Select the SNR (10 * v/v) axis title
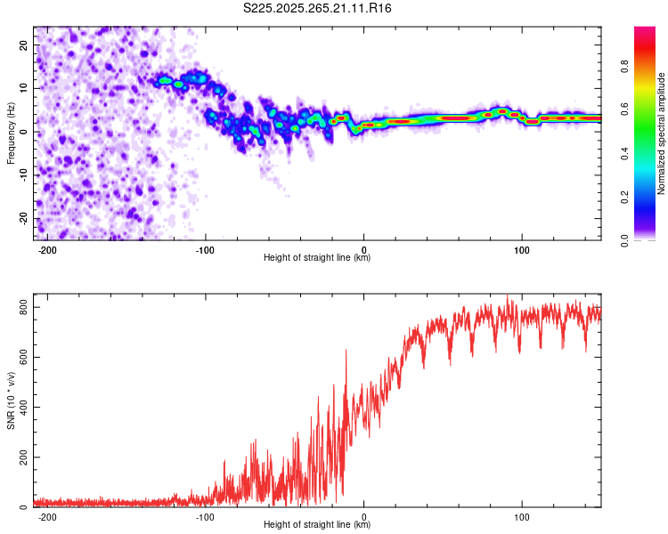(10, 400)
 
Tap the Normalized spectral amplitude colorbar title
(662, 133)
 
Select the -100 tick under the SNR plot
(206, 517)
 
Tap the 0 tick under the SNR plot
(364, 517)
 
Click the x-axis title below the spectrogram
(318, 259)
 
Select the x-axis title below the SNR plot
(318, 527)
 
